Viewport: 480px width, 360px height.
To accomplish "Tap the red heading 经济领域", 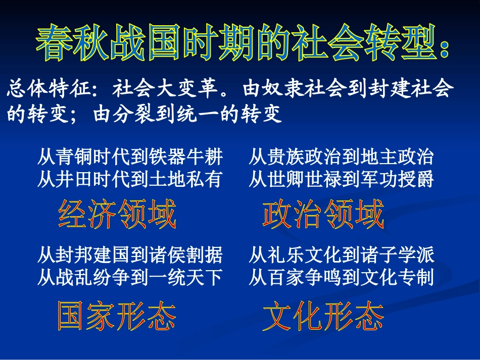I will [x=117, y=215].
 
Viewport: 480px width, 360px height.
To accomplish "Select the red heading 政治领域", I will [x=323, y=215].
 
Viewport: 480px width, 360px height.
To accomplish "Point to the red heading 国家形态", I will [x=117, y=317].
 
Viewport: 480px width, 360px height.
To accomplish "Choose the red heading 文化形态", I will [x=323, y=317].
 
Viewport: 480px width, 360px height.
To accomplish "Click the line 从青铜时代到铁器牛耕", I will [x=130, y=158].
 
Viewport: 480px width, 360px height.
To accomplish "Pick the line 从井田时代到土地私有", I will [x=130, y=179].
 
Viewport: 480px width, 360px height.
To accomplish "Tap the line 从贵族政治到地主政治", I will [x=341, y=158].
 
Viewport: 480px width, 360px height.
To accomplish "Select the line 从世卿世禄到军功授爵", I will [x=341, y=179].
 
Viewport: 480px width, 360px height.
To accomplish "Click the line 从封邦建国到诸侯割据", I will [x=130, y=255].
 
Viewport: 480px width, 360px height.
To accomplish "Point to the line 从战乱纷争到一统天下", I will [x=130, y=277].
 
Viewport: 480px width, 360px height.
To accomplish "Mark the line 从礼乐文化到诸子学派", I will [x=341, y=255].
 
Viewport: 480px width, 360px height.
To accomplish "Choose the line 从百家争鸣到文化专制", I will [x=341, y=277].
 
